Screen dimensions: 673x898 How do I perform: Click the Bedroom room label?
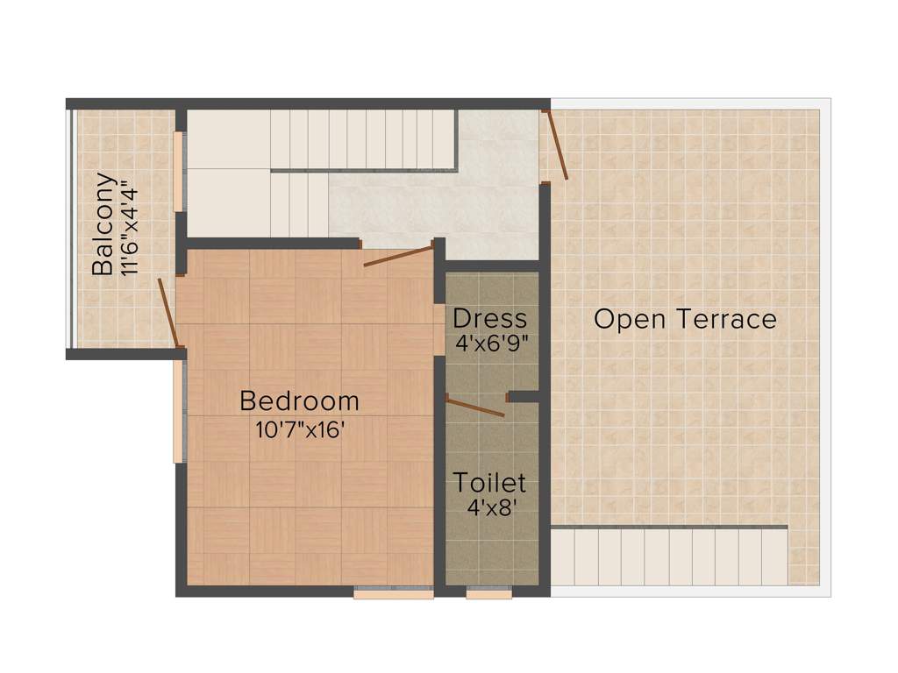coord(299,401)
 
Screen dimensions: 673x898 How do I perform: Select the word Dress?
coord(490,318)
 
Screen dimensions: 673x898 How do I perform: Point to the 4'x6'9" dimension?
coord(491,344)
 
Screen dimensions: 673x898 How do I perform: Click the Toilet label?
coord(489,482)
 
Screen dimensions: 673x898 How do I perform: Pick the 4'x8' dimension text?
coord(489,507)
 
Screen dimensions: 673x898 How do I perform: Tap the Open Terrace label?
coord(685,319)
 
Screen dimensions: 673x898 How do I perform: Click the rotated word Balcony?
coord(103,224)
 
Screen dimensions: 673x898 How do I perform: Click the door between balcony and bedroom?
coord(168,313)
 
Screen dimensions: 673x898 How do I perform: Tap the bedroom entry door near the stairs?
coord(398,256)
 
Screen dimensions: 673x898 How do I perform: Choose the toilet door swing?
coord(474,406)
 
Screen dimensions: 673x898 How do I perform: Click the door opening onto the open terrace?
coord(556,145)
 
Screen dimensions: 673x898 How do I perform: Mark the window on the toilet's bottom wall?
coord(488,594)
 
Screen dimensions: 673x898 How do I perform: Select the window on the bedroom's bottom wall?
coord(393,594)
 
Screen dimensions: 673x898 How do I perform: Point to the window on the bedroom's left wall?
coord(178,412)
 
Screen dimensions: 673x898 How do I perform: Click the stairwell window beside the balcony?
coord(178,171)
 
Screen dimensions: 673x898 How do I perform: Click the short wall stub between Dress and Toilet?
coord(524,397)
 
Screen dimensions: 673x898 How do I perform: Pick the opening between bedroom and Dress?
coord(439,329)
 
